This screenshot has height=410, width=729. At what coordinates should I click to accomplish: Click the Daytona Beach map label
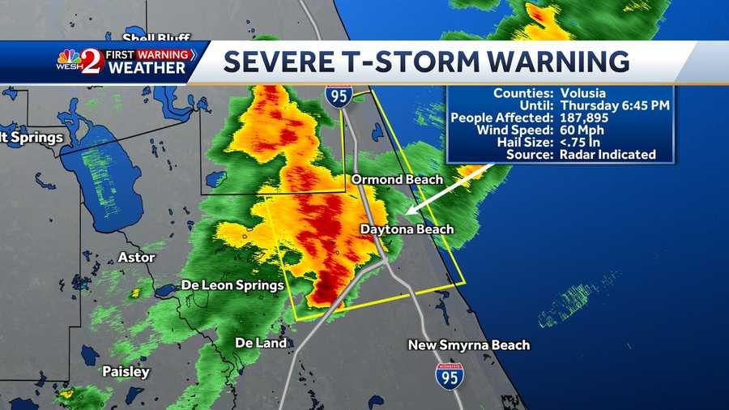point(407,229)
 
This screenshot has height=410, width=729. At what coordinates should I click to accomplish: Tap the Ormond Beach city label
point(397,179)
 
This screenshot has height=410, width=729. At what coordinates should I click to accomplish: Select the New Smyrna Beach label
point(469,345)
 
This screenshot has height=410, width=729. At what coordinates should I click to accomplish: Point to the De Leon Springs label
point(232,285)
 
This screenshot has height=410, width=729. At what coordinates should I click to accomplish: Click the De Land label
point(261,343)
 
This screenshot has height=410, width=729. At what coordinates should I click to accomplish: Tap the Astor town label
point(136,257)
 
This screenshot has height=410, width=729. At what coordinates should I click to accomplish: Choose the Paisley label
point(126,372)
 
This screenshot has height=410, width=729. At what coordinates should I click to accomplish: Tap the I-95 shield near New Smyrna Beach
point(449,376)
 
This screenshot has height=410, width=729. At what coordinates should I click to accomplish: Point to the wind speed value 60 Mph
point(581,130)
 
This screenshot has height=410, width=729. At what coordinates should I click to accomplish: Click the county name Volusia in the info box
point(580,93)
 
